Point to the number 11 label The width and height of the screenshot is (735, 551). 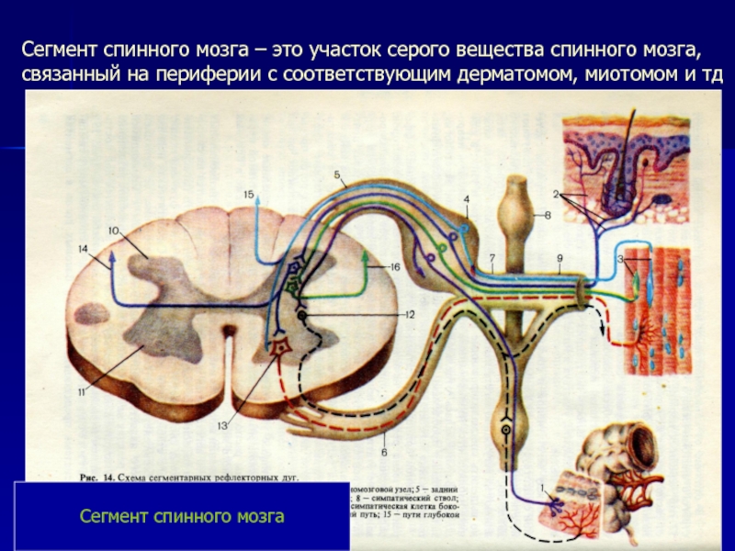coord(82,393)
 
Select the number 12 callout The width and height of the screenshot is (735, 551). coord(411,314)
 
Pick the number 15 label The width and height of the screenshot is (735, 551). coord(248,195)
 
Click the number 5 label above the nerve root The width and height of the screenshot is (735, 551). coord(336,174)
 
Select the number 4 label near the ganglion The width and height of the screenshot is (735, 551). coord(467,199)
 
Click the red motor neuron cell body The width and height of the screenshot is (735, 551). coord(279,349)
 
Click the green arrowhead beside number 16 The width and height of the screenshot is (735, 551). coord(367,262)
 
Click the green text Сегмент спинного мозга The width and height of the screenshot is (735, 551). coord(182,517)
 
